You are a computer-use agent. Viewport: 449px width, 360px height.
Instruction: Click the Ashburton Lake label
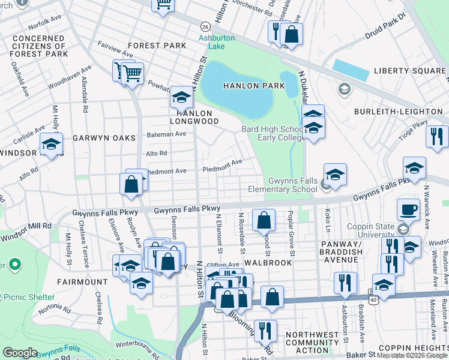pos(220,43)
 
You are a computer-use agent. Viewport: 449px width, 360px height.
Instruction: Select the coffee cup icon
pos(408,209)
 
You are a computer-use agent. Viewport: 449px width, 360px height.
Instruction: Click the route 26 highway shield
pos(205,28)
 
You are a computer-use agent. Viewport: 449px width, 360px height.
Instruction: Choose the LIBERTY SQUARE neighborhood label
pos(410,71)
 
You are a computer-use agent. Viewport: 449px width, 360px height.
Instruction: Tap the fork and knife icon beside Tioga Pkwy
pos(437,137)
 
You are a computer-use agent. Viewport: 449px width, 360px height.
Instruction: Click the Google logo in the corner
pos(20,353)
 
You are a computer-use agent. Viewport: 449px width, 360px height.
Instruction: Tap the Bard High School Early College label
pos(272,133)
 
